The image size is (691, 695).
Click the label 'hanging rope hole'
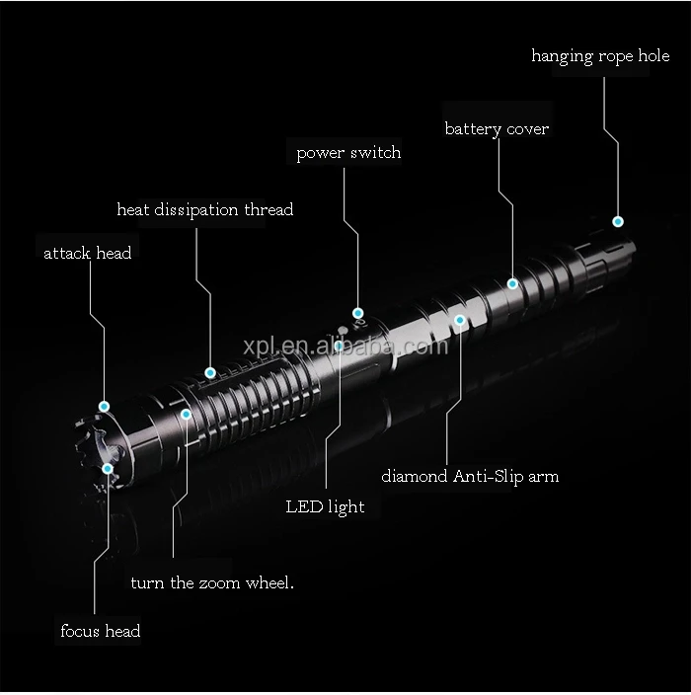[600, 56]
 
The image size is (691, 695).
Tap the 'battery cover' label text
[497, 129]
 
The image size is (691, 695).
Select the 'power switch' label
[348, 153]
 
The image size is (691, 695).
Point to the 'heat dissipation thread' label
[204, 209]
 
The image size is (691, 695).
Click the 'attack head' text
[87, 253]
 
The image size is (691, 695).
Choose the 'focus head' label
[100, 631]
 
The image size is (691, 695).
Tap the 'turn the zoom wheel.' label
[212, 582]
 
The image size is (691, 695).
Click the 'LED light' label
[325, 507]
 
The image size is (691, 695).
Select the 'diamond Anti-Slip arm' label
[470, 476]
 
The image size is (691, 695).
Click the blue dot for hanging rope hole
[618, 221]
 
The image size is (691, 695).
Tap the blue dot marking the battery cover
[512, 283]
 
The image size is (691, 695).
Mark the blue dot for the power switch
[358, 313]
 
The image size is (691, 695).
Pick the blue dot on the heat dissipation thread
[210, 372]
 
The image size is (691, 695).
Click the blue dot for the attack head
[104, 405]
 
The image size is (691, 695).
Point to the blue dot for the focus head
[108, 468]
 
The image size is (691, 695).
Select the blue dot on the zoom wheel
[186, 415]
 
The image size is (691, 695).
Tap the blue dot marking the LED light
[339, 346]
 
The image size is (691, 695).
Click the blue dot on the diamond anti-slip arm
[459, 319]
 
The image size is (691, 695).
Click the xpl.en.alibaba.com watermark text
[345, 347]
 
